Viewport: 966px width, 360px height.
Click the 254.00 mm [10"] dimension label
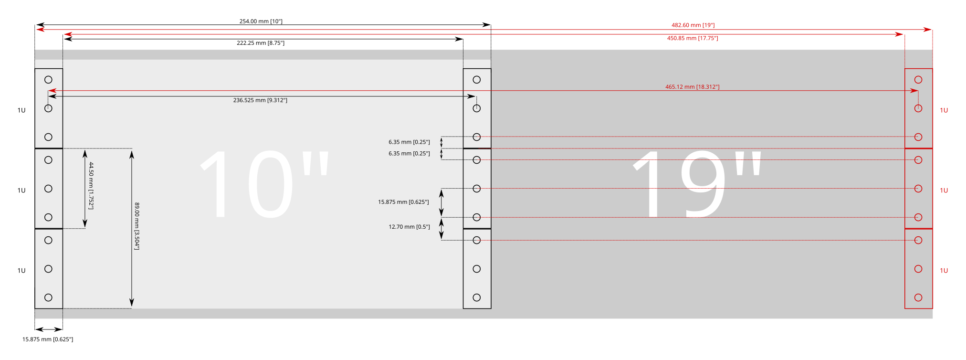click(x=261, y=21)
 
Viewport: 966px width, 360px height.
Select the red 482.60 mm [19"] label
click(x=693, y=25)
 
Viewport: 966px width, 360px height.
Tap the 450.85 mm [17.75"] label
click(x=693, y=38)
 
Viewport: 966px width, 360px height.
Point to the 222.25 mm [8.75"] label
click(x=261, y=43)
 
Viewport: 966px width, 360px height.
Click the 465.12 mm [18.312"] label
click(x=693, y=87)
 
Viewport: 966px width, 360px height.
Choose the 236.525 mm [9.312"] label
click(x=260, y=100)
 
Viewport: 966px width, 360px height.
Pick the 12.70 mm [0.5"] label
click(x=409, y=227)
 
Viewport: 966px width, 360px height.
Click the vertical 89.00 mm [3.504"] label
click(x=137, y=226)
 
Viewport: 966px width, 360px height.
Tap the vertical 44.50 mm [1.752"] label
click(x=91, y=186)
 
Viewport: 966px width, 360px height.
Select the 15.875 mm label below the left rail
click(x=48, y=339)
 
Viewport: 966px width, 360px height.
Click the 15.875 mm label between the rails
click(x=403, y=202)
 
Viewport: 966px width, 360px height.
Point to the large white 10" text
click(x=265, y=184)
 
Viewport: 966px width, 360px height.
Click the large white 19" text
click(x=697, y=184)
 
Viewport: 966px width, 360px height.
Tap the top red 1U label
click(x=944, y=110)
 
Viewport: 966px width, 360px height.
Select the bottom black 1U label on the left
click(x=21, y=271)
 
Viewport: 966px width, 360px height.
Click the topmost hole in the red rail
click(x=918, y=80)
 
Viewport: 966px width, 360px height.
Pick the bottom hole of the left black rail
click(x=48, y=297)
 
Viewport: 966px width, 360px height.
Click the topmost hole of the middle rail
click(x=477, y=80)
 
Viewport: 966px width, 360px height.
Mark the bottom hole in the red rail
click(x=918, y=297)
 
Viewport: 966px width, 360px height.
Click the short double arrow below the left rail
click(x=49, y=329)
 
